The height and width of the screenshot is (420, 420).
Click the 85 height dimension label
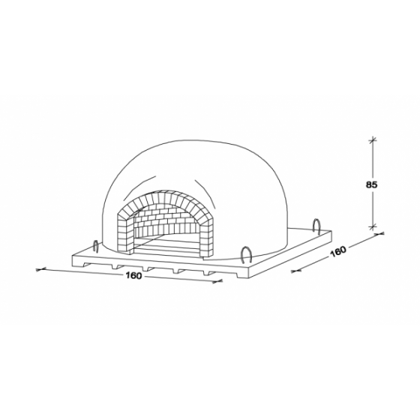click(371, 184)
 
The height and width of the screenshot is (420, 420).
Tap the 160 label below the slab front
click(133, 276)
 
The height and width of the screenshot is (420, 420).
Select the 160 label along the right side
click(338, 251)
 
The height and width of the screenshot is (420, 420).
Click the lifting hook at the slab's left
click(95, 246)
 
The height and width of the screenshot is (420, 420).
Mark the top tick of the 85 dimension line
click(372, 140)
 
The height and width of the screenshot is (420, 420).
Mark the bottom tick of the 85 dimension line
click(372, 226)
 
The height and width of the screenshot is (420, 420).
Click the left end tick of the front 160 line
click(41, 269)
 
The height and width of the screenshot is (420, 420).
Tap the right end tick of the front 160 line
click(217, 281)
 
